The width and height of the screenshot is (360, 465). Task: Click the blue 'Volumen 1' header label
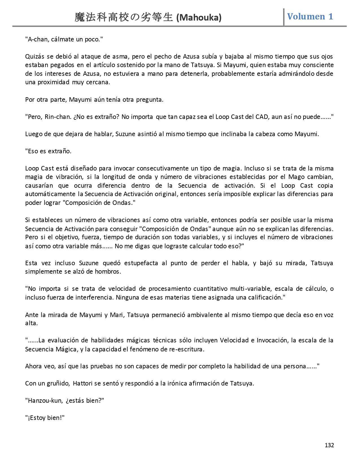point(310,16)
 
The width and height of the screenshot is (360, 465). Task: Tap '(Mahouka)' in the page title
point(199,18)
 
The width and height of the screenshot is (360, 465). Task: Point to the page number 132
point(329,445)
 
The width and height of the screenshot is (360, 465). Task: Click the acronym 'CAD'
point(261,117)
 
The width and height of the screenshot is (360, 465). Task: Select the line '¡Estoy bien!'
point(45,418)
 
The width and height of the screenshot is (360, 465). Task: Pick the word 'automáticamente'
point(50,194)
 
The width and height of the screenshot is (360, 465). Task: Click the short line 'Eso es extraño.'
point(48,151)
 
